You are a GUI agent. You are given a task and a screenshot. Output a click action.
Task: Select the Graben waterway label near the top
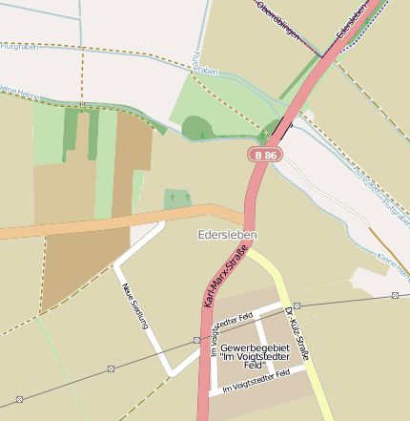coord(204,70)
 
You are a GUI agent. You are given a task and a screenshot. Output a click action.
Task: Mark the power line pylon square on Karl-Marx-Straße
coord(197,340)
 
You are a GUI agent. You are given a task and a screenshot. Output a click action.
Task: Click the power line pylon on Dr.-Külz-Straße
coord(297,306)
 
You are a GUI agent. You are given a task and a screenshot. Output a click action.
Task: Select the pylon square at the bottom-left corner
coord(20,399)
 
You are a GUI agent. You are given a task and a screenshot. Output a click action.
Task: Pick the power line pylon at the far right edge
coord(395,295)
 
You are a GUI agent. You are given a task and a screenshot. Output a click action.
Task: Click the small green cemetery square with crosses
coord(176,199)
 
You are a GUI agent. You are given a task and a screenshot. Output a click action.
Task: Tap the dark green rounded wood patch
coord(195,127)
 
